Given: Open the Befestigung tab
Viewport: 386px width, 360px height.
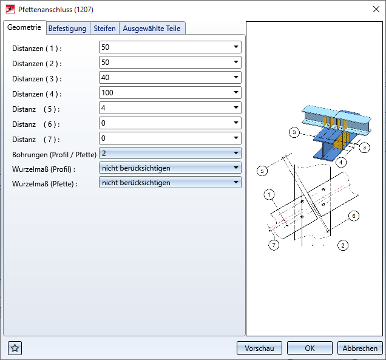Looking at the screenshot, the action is (x=67, y=29).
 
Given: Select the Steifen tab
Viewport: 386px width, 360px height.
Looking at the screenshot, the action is (x=104, y=29).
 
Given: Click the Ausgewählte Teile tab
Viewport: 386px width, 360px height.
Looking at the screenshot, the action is (x=152, y=29).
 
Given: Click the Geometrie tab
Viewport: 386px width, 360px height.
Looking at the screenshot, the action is (x=24, y=27).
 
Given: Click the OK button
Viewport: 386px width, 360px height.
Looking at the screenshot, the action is (x=310, y=348).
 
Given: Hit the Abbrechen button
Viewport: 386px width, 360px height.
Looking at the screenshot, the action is (x=360, y=348).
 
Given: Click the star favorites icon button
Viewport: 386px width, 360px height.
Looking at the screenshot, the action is (x=15, y=348).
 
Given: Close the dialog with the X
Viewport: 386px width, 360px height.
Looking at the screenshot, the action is (x=376, y=9).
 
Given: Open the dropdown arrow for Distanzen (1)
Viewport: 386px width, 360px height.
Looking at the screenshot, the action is (x=236, y=47).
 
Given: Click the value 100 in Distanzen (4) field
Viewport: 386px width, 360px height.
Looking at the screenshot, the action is (x=107, y=93).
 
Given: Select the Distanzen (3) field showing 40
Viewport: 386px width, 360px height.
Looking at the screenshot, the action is (x=170, y=78).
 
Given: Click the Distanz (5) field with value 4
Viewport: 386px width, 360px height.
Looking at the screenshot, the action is (x=170, y=108).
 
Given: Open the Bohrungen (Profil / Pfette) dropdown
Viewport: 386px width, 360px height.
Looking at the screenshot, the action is (x=170, y=153).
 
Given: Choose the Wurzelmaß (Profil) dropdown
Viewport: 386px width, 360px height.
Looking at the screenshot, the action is (x=170, y=168).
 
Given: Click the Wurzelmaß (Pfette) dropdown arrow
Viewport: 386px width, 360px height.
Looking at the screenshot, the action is (x=236, y=183).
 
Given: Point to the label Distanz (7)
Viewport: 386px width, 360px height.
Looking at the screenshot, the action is (x=36, y=140).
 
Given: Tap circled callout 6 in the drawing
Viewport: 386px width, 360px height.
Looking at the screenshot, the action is (x=354, y=216).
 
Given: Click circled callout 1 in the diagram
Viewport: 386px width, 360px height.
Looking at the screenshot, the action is (x=269, y=195).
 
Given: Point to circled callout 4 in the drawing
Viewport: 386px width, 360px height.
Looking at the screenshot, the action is (x=340, y=162).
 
